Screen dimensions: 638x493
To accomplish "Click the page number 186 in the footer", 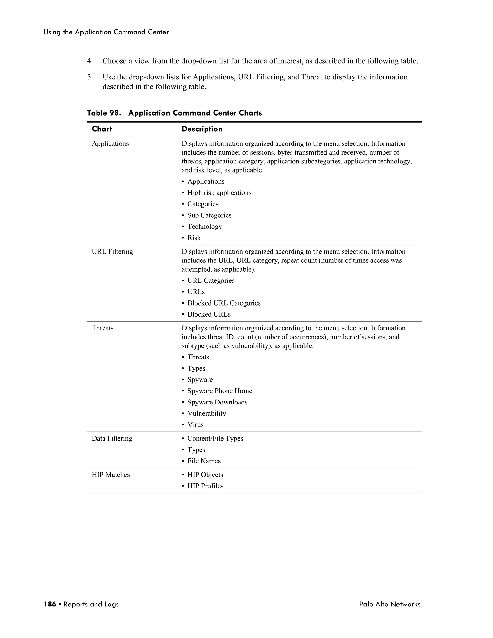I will [x=50, y=604].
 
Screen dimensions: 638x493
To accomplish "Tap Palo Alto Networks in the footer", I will [x=390, y=604].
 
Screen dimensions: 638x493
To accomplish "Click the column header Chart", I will [x=102, y=129].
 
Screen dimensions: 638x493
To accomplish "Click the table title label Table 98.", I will [x=104, y=113].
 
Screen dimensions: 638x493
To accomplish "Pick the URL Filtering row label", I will [x=112, y=252].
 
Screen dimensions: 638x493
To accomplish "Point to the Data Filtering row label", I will [x=112, y=438].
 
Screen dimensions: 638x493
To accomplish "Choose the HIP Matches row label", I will [x=111, y=475].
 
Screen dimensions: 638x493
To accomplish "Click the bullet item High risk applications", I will [x=219, y=193].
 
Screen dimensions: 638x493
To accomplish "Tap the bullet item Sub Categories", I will [x=209, y=215].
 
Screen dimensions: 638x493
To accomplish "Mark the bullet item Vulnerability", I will [x=207, y=414].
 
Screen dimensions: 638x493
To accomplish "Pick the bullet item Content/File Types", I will [x=215, y=438].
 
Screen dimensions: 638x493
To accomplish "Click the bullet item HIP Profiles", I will [x=205, y=486].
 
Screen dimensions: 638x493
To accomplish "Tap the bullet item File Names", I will [x=204, y=461].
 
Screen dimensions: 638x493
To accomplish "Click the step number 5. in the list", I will [x=90, y=77].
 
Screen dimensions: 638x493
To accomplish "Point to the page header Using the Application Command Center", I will [x=106, y=32].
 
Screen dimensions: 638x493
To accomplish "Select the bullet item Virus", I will [x=195, y=425].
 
